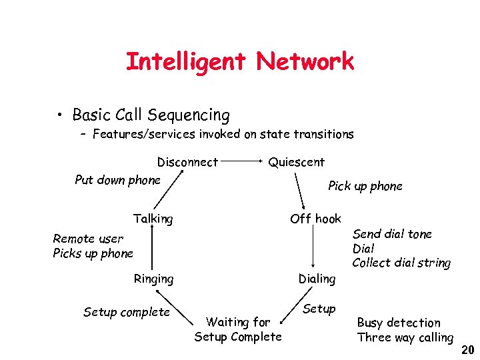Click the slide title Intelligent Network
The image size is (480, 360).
tap(239, 62)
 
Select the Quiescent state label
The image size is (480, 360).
tap(296, 162)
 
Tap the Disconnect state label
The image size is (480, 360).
tap(187, 162)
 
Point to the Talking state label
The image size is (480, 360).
tap(153, 219)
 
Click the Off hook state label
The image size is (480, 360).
tap(315, 219)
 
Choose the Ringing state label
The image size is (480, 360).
tap(153, 279)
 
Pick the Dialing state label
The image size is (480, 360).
tap(317, 279)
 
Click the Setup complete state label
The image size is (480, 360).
tap(127, 312)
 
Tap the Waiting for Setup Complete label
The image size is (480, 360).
tap(238, 329)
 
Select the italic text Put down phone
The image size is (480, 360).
tap(118, 180)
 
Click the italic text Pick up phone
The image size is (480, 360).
tap(365, 186)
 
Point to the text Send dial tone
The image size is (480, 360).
tap(392, 234)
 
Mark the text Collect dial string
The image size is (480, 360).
tap(401, 263)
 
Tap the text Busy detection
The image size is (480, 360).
tap(399, 323)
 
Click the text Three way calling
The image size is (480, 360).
tap(405, 337)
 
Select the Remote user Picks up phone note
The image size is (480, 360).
tap(93, 246)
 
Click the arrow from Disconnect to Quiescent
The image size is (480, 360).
tap(243, 161)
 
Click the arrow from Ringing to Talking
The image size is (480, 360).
tap(153, 249)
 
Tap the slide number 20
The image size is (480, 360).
tap(467, 349)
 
